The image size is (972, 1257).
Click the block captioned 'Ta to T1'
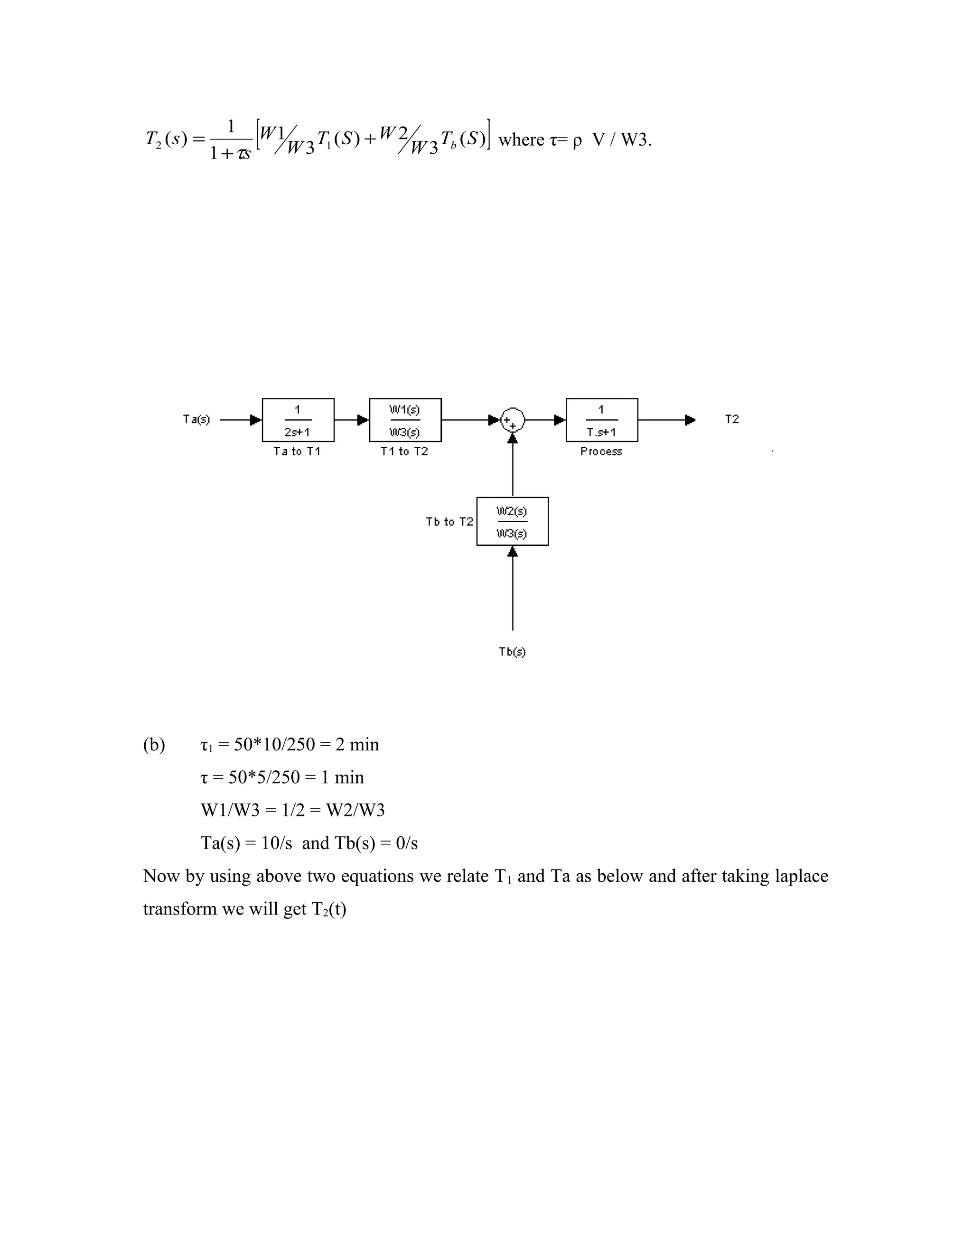click(298, 420)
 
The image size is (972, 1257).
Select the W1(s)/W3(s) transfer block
click(405, 420)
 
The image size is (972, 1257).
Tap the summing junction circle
click(512, 420)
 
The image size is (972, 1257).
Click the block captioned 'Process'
click(602, 420)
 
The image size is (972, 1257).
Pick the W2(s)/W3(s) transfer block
click(512, 521)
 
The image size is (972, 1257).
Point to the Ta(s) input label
click(196, 420)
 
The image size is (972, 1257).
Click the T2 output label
click(731, 420)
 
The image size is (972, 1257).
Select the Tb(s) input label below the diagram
click(512, 652)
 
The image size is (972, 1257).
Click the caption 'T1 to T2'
click(404, 452)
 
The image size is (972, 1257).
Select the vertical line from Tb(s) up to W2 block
click(513, 590)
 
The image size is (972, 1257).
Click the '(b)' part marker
click(154, 745)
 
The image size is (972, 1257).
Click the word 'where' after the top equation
click(521, 140)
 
